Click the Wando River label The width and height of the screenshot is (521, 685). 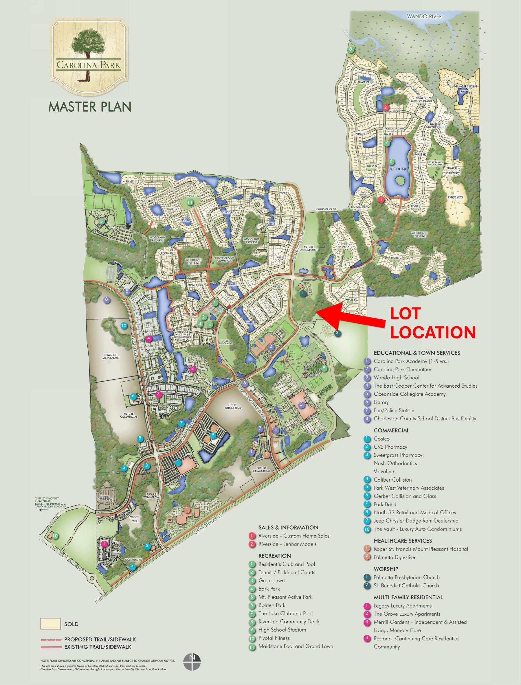click(424, 16)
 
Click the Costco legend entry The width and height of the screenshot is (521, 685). click(381, 439)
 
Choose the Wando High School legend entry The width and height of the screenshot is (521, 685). click(396, 378)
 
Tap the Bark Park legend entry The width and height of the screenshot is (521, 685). click(269, 589)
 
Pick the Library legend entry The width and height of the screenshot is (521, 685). click(381, 402)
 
